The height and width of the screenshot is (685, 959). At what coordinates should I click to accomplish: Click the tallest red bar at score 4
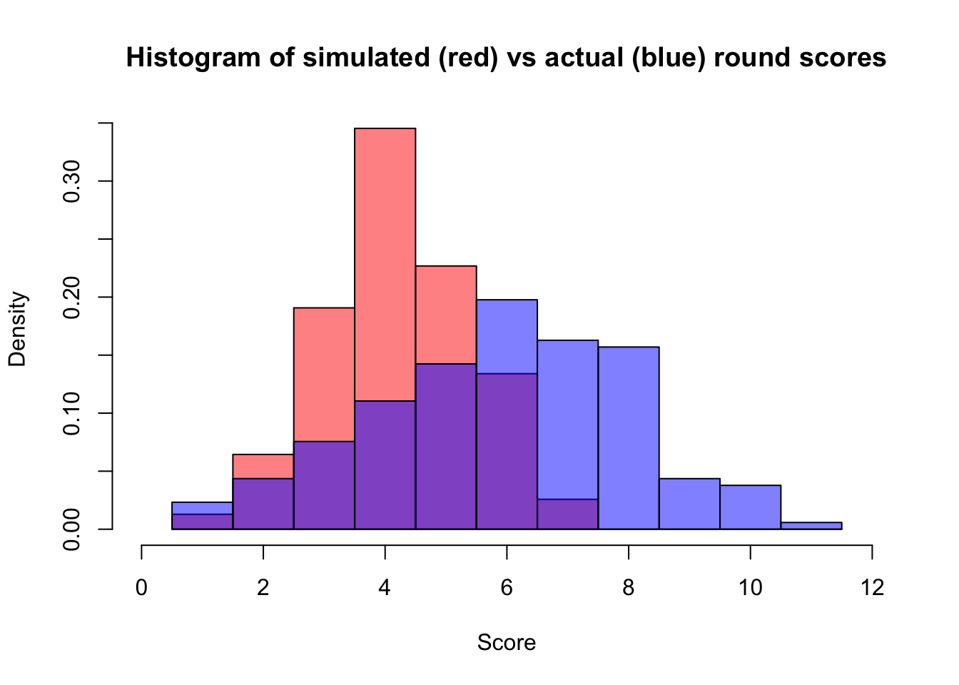[x=385, y=264]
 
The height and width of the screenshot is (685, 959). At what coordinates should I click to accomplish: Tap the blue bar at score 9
[x=689, y=504]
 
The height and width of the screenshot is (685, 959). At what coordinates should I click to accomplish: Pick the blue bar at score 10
[x=750, y=507]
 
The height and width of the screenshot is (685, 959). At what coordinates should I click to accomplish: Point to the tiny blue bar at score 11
[x=811, y=526]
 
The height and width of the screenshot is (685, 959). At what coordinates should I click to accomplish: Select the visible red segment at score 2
[x=263, y=467]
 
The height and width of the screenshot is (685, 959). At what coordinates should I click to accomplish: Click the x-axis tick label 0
[x=142, y=588]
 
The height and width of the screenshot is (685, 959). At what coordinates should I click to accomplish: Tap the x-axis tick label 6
[x=507, y=588]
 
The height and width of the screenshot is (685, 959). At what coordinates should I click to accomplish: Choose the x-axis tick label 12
[x=872, y=588]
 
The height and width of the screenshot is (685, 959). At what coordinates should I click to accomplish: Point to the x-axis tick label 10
[x=750, y=588]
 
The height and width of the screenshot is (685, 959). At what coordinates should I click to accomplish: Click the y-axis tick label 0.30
[x=71, y=181]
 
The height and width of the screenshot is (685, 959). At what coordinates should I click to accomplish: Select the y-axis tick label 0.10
[x=71, y=413]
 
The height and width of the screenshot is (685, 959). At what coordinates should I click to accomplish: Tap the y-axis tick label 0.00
[x=71, y=529]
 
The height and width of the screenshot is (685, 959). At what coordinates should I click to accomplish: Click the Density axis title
[x=17, y=329]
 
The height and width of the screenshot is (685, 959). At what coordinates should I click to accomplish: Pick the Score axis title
[x=507, y=643]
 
